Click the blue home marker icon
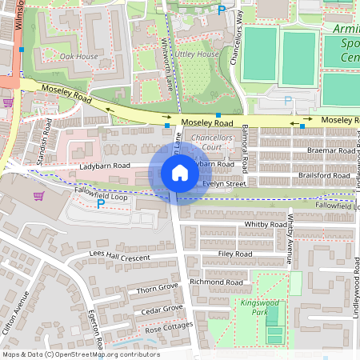(x=180, y=173)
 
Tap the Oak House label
(x=79, y=57)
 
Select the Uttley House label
(x=198, y=54)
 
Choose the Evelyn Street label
(x=224, y=183)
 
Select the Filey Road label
(x=235, y=254)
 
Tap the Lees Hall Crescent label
(x=120, y=256)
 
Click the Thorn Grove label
(x=157, y=287)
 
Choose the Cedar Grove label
(x=162, y=309)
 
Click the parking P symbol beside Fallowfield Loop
(x=100, y=204)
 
